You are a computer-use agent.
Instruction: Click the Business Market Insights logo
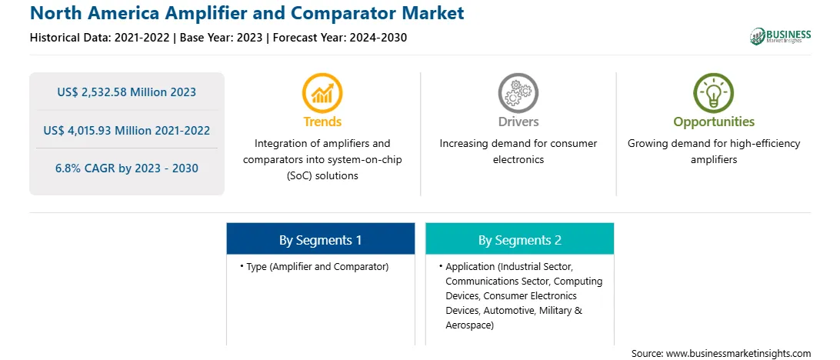pos(780,36)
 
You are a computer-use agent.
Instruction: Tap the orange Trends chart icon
pos(322,93)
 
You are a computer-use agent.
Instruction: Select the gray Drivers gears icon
pos(518,93)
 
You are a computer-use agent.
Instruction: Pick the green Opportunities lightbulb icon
pos(714,93)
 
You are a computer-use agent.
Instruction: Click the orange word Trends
pos(322,122)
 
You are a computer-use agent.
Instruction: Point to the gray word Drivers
pos(518,122)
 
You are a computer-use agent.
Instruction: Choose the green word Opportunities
pos(714,122)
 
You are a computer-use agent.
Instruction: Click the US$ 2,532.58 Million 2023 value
pos(126,92)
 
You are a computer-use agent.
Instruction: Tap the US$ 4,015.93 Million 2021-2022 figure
pos(126,130)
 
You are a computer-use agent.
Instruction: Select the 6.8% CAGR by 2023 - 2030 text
pos(126,168)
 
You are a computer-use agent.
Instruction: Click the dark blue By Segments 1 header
pos(320,240)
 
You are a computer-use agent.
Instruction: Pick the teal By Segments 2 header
pos(520,240)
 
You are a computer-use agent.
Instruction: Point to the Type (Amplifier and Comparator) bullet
pos(315,266)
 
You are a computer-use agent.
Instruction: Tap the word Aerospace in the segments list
pos(469,325)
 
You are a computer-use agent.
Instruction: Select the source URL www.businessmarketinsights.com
pos(738,353)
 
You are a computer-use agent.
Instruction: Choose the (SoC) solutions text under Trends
pos(322,175)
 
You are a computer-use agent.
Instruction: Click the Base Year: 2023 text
pos(222,38)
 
